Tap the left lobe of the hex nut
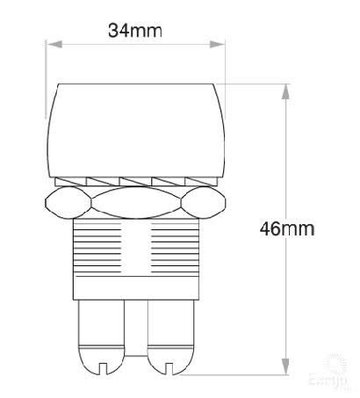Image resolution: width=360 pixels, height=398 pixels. click(x=65, y=204)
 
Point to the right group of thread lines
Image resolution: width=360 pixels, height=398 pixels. click(x=176, y=250)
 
